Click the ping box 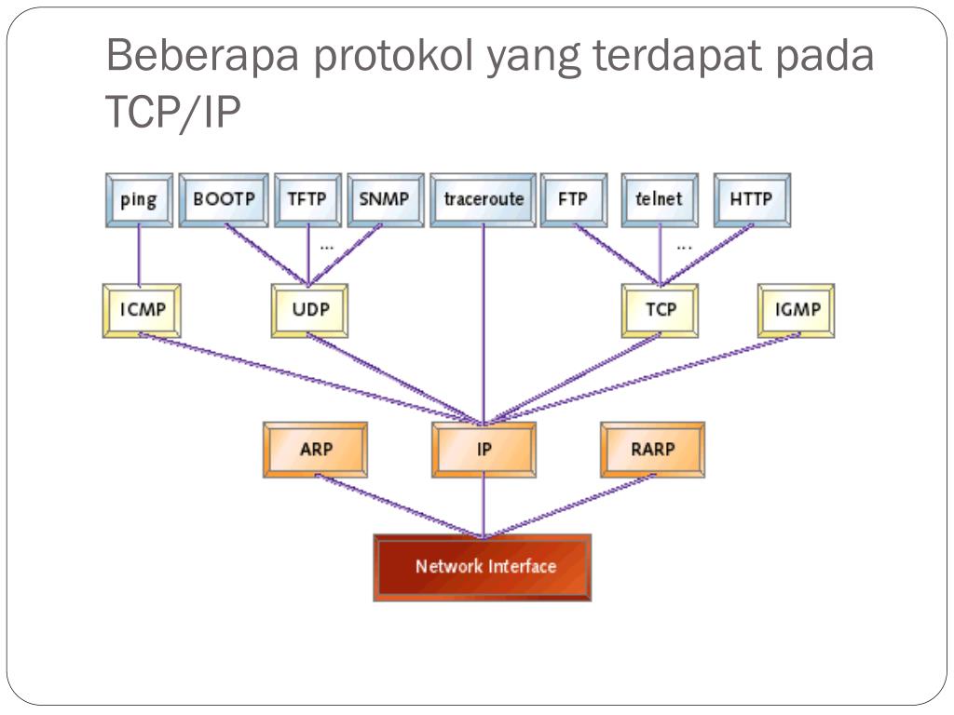[138, 199]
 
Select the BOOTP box [224, 199]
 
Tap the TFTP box [307, 199]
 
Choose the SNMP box [385, 199]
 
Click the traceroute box [483, 199]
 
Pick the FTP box [573, 199]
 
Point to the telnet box [659, 199]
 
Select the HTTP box [752, 199]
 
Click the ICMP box [142, 310]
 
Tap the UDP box [310, 310]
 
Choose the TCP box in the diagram [661, 310]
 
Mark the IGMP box [797, 310]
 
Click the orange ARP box [316, 449]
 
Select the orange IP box [484, 449]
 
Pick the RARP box [652, 449]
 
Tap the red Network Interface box [484, 566]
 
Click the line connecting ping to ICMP [139, 256]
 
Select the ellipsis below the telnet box [684, 248]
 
